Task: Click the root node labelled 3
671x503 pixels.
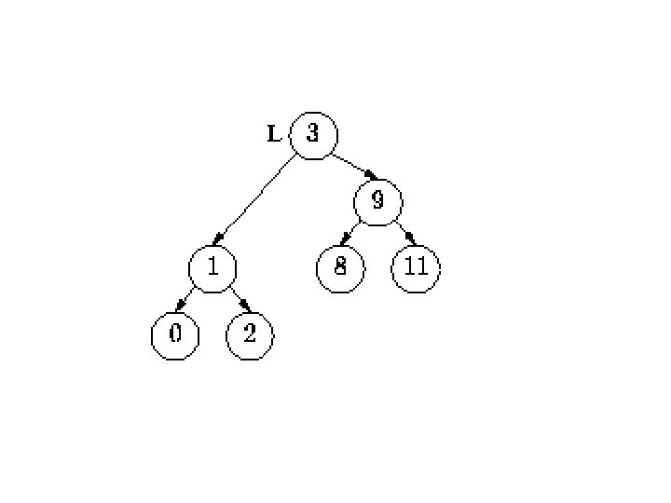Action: click(x=312, y=135)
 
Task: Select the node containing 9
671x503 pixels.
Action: click(x=378, y=200)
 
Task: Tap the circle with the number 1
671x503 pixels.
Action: click(x=212, y=267)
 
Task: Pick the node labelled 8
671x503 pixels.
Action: click(x=340, y=267)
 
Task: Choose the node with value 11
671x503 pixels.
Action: click(x=415, y=267)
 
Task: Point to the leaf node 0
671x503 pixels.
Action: click(x=174, y=334)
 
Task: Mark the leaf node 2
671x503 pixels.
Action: click(x=249, y=334)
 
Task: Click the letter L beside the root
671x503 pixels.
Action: click(x=273, y=135)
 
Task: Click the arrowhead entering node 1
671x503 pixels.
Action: click(x=217, y=241)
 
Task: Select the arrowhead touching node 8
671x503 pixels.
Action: click(x=346, y=241)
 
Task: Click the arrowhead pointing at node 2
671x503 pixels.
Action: click(x=244, y=308)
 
